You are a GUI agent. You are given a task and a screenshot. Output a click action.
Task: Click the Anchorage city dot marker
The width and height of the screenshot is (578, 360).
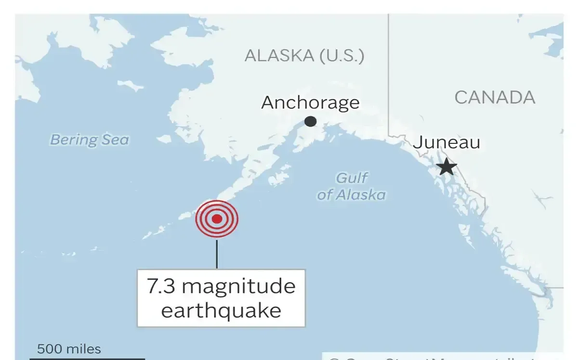coord(311,121)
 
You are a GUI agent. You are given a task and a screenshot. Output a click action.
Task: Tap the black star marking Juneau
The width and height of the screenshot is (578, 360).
coord(447,167)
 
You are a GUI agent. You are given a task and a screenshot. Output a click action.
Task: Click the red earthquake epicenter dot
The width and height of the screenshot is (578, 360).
coord(217,219)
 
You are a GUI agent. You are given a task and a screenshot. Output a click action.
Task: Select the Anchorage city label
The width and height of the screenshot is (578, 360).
coord(310,103)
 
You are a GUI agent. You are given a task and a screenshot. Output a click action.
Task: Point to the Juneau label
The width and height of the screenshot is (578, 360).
coord(447,142)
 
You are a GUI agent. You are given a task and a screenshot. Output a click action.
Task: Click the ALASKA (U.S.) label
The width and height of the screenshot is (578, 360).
coord(304,56)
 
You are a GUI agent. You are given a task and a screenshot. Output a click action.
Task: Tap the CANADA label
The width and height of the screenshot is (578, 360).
coord(495,98)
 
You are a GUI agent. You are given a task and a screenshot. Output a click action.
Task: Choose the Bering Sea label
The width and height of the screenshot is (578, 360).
coord(90,140)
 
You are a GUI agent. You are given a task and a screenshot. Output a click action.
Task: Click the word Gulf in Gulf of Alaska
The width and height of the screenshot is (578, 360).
coord(352,178)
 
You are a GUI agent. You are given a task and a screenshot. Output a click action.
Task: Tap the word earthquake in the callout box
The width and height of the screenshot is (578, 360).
coord(221,310)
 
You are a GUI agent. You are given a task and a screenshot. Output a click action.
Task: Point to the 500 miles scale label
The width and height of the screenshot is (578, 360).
coord(69,348)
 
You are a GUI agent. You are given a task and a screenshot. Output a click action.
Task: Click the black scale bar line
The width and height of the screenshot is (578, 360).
coord(87,358)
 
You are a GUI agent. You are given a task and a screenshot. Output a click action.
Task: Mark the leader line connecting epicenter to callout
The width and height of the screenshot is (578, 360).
coord(217,254)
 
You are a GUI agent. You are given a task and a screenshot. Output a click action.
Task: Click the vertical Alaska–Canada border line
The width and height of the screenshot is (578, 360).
coord(389,72)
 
